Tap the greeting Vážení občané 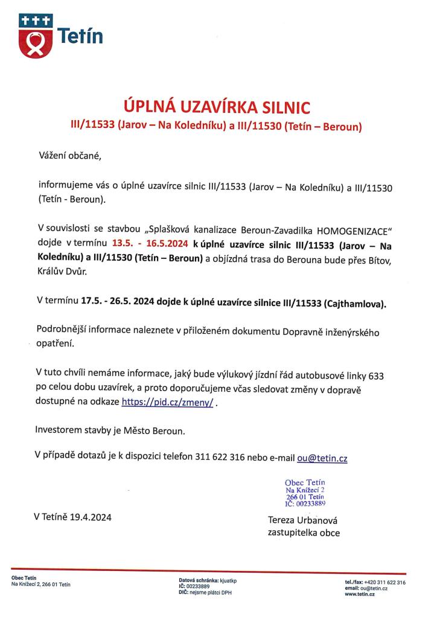tap(66, 157)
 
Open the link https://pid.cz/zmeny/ tap(167, 402)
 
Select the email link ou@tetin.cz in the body tap(322, 458)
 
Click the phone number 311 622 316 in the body tap(220, 458)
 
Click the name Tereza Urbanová tap(302, 520)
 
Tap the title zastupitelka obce tap(304, 533)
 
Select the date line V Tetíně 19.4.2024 tap(73, 517)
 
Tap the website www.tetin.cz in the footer tap(360, 594)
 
